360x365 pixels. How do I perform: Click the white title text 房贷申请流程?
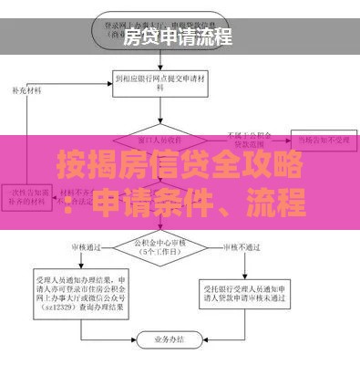pyautogui.click(x=178, y=37)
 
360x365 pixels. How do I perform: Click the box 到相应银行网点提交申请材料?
pyautogui.click(x=160, y=84)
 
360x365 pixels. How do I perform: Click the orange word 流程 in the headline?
pyautogui.click(x=278, y=203)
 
